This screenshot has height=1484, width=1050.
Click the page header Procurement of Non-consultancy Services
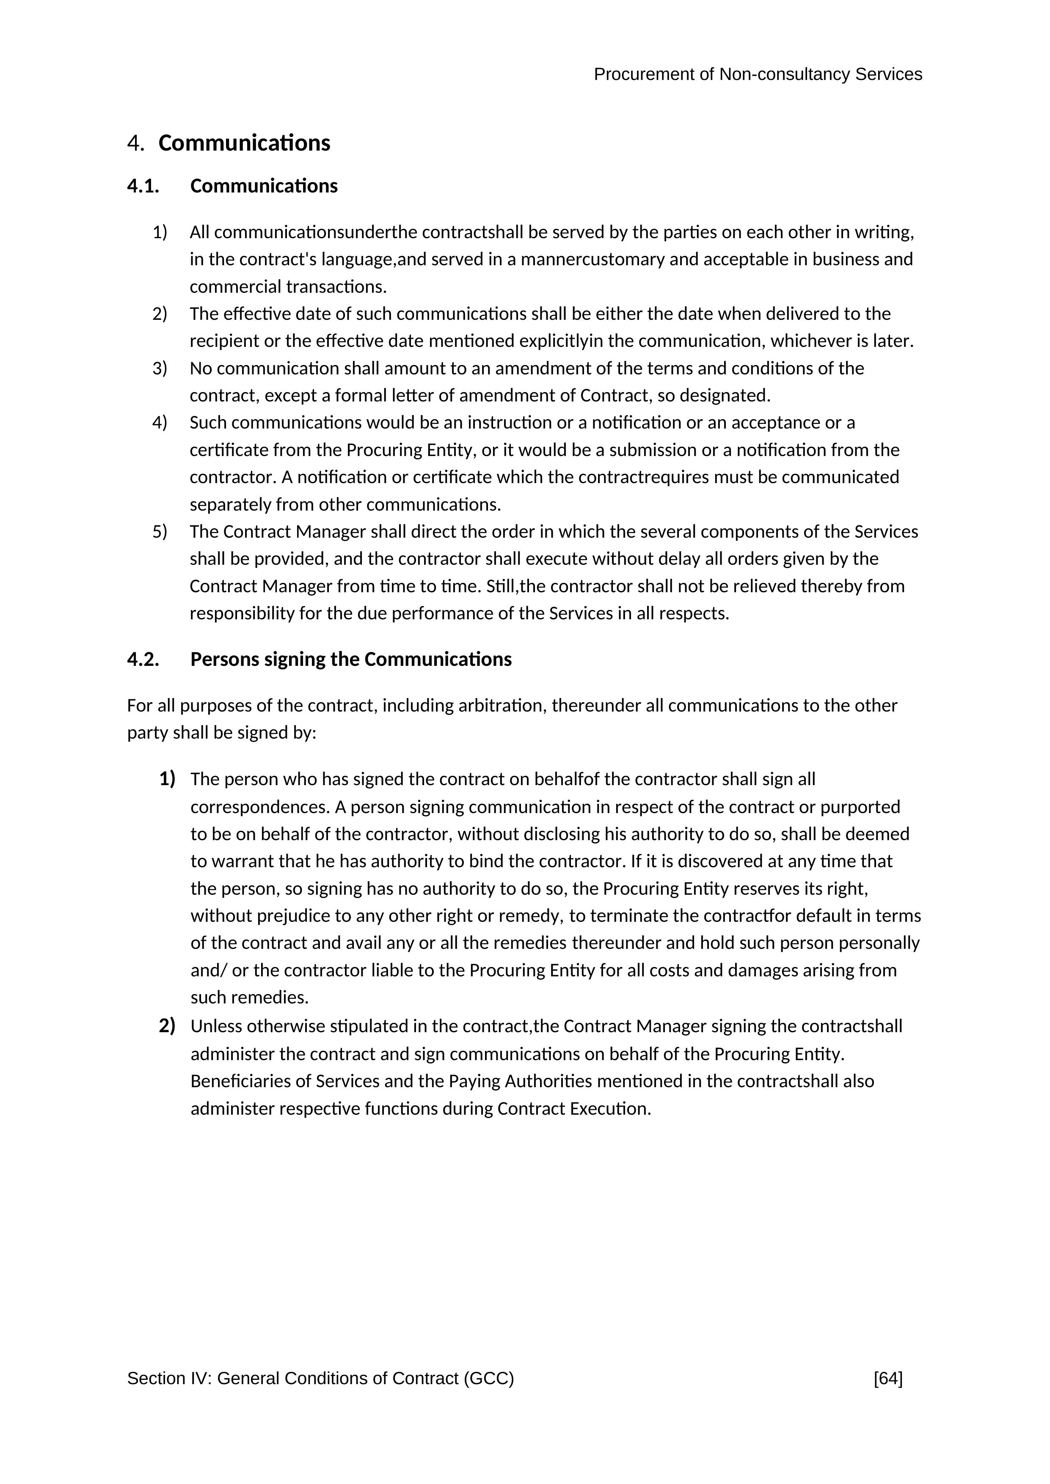click(x=758, y=75)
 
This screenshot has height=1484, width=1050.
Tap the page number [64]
click(x=888, y=1379)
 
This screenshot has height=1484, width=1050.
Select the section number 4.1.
click(x=143, y=186)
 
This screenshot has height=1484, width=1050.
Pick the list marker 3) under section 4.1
click(x=160, y=368)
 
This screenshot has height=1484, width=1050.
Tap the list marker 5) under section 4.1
click(x=160, y=531)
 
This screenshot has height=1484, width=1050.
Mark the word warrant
click(x=242, y=862)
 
